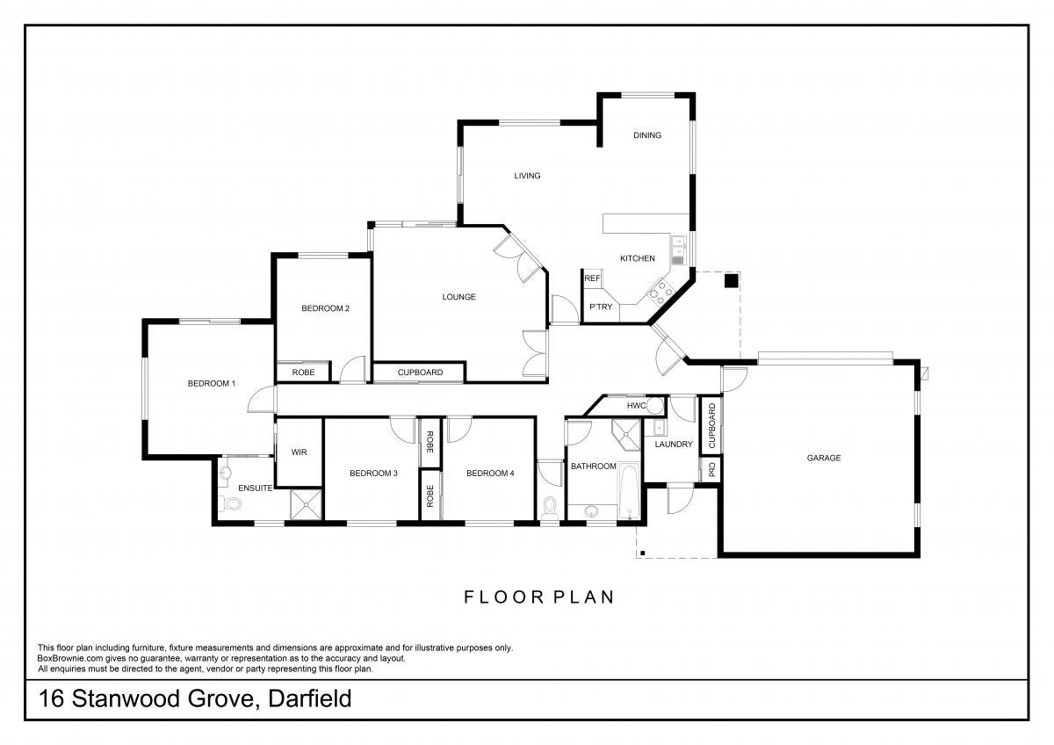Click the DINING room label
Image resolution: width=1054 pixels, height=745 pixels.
(647, 135)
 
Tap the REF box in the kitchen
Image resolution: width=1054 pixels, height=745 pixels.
(592, 278)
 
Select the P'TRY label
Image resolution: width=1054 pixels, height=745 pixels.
(601, 307)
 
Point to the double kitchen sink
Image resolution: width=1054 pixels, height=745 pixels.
(678, 251)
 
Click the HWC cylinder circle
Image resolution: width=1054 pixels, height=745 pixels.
(654, 405)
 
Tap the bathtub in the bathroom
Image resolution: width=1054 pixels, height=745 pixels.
(629, 491)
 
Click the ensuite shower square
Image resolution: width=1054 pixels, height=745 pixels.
(307, 504)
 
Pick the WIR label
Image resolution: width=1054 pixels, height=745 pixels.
(299, 452)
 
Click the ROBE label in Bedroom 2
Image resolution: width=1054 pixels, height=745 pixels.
(303, 372)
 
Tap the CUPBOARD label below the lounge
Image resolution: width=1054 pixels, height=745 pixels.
(420, 372)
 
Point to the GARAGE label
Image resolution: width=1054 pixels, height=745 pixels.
(824, 458)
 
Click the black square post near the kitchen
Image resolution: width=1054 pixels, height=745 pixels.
(731, 281)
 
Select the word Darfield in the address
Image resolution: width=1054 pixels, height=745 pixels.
(309, 699)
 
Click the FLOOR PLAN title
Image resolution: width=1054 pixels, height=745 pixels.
(538, 597)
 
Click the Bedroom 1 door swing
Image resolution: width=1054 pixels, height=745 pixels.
(262, 399)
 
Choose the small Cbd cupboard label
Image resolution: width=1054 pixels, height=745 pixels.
(711, 469)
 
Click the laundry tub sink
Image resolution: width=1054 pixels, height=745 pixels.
(659, 428)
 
